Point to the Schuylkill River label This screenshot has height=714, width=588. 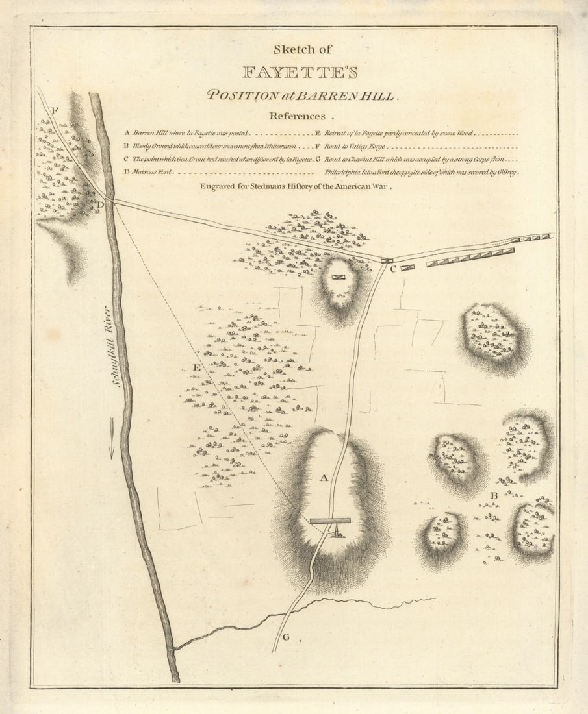coord(118,347)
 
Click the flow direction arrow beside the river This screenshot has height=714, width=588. coord(112,436)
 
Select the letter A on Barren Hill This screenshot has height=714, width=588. coord(323,478)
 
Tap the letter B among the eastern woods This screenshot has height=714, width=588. coord(494,497)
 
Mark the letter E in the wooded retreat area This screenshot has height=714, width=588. coord(196,369)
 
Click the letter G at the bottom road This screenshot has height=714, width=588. coord(285,636)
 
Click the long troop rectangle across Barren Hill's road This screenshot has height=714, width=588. coord(330,520)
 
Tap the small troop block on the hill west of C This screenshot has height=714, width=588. coord(339,277)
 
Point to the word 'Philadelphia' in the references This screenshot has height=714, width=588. coord(345,173)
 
